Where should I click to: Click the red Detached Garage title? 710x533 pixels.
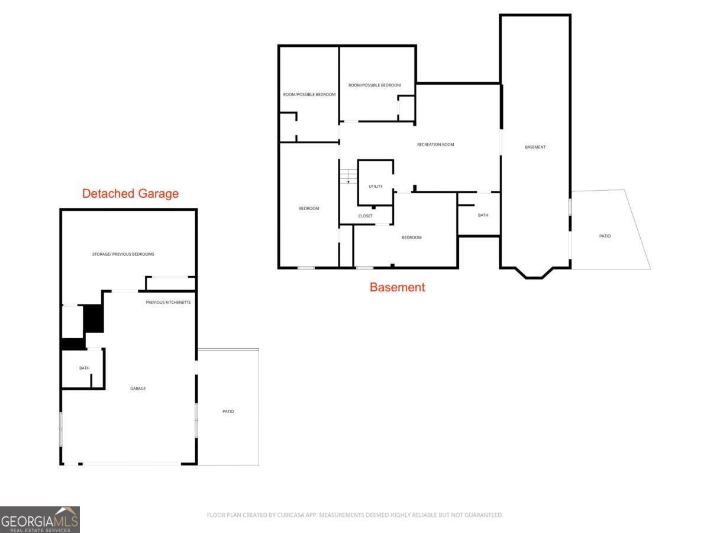click(x=130, y=194)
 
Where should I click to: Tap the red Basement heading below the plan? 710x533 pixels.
click(x=397, y=287)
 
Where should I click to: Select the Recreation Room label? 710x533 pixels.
click(x=435, y=145)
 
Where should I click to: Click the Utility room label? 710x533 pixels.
click(x=376, y=187)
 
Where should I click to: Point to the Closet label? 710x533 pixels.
click(x=366, y=216)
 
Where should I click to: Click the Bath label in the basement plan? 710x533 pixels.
click(x=483, y=215)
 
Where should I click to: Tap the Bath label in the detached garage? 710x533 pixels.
click(x=85, y=368)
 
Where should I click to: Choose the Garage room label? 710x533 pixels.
click(x=138, y=388)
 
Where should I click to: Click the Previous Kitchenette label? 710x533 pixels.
click(x=168, y=302)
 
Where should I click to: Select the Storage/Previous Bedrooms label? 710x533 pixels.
click(x=123, y=254)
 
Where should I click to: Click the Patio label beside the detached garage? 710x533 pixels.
click(x=228, y=412)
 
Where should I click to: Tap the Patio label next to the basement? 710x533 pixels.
click(x=605, y=236)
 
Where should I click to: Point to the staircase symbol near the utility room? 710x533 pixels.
click(x=348, y=176)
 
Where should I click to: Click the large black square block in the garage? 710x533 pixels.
click(x=93, y=319)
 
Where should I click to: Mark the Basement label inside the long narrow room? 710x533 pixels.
click(x=535, y=147)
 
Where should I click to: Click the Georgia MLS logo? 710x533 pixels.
click(x=40, y=520)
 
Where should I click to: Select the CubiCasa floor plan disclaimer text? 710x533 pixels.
click(x=355, y=515)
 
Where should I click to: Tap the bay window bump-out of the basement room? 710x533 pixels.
click(x=535, y=273)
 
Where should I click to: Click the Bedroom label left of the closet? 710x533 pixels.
click(x=309, y=208)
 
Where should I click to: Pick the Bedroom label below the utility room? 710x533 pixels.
click(x=411, y=237)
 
